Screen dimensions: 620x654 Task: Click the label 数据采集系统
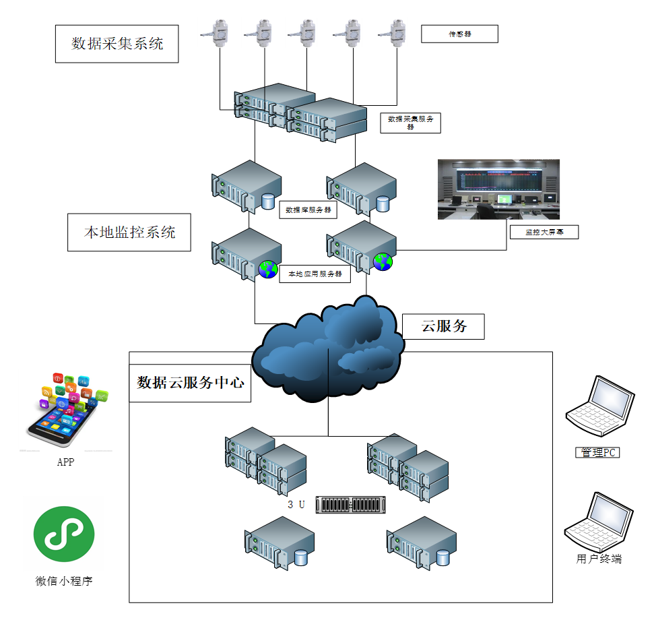click(x=117, y=44)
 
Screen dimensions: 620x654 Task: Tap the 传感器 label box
click(x=459, y=34)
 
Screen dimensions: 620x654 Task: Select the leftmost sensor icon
click(x=214, y=32)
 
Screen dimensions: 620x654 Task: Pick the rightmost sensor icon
click(x=391, y=32)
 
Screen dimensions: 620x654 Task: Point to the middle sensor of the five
click(x=301, y=32)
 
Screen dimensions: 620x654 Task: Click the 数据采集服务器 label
click(x=410, y=123)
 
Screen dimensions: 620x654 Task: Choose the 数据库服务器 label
click(x=308, y=210)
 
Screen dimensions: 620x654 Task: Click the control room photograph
click(x=498, y=189)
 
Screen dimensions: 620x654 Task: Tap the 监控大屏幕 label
click(x=544, y=232)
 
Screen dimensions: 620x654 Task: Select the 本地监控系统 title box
click(x=129, y=232)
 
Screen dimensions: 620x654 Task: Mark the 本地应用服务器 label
click(x=315, y=274)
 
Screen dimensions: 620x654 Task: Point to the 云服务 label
click(x=443, y=327)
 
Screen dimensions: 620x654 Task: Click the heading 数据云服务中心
click(x=190, y=383)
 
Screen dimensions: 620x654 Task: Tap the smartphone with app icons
click(x=65, y=410)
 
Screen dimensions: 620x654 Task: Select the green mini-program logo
click(x=64, y=534)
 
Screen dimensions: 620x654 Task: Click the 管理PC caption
click(x=597, y=452)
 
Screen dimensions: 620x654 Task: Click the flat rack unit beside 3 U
click(x=351, y=505)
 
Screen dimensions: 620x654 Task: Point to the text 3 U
click(x=296, y=505)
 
